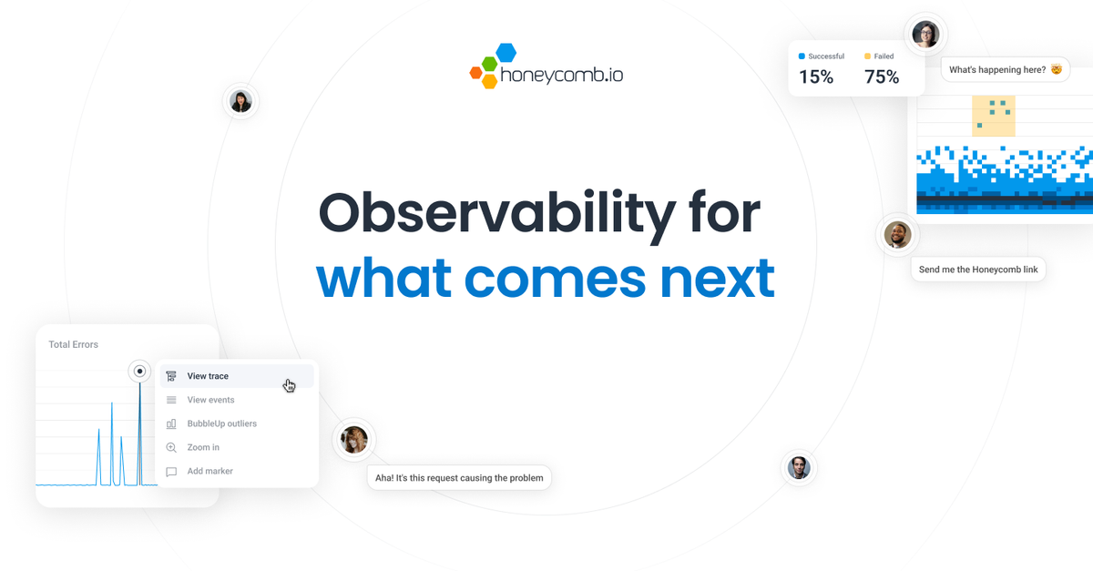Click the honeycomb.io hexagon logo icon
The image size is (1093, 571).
tap(493, 66)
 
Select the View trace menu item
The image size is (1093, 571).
tap(208, 376)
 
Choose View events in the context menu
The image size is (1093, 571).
tap(210, 400)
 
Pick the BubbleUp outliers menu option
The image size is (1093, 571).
tap(221, 423)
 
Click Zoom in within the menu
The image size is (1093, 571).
tap(203, 447)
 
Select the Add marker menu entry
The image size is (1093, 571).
tap(209, 471)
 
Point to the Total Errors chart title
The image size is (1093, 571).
tap(73, 344)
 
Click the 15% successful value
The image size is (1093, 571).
tap(816, 77)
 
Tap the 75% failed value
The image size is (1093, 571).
tap(882, 77)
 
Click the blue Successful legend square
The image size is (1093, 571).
tap(802, 56)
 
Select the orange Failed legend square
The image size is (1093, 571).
tap(867, 56)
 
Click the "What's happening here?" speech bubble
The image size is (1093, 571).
tap(1005, 69)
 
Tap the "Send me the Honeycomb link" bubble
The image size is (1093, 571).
tap(978, 270)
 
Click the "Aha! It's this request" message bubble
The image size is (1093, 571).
tap(459, 477)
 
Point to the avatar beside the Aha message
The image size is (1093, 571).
tap(354, 440)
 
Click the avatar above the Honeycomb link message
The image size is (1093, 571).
tap(897, 236)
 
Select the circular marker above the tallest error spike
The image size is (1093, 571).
tap(139, 371)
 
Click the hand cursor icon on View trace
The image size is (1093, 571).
tap(290, 385)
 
